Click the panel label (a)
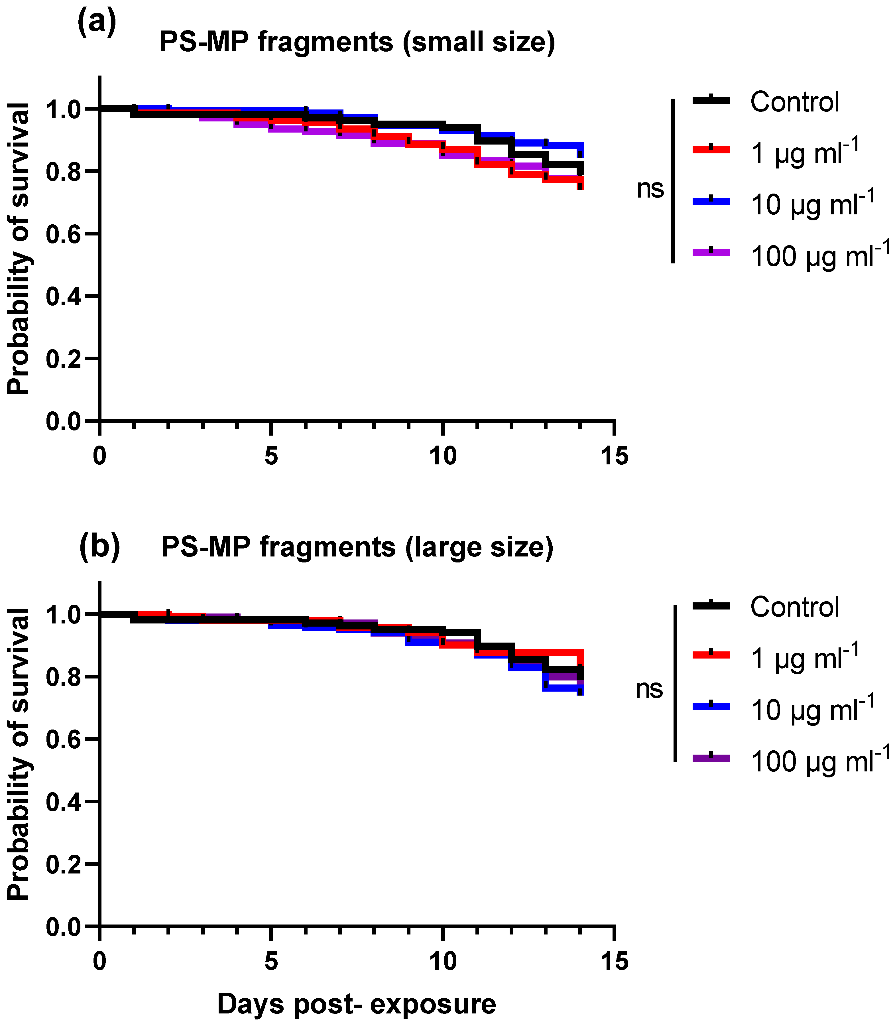coord(96,23)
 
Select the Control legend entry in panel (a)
coord(794,102)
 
